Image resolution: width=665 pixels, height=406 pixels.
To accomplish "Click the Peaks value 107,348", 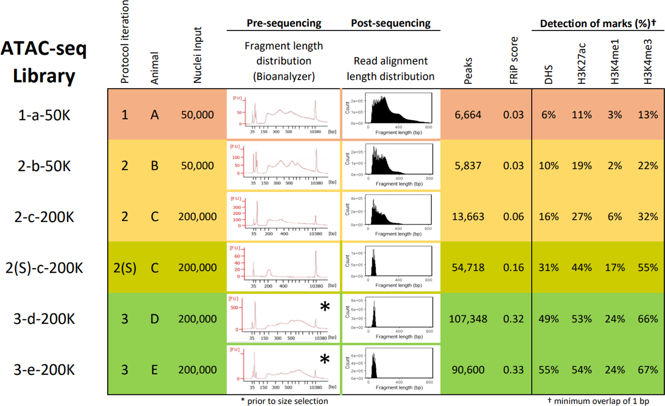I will pyautogui.click(x=468, y=319).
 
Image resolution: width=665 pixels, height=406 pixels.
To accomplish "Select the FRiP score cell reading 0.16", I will pyautogui.click(x=513, y=268).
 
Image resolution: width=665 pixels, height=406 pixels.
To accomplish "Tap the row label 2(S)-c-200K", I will pyautogui.click(x=44, y=268).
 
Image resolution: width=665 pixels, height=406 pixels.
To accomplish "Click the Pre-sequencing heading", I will pyautogui.click(x=283, y=23).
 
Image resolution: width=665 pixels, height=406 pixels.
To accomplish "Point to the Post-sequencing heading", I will pyautogui.click(x=391, y=23).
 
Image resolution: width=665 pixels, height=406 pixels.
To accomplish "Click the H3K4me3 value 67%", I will pyautogui.click(x=647, y=370).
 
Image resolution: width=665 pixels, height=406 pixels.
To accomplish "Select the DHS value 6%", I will pyautogui.click(x=548, y=115).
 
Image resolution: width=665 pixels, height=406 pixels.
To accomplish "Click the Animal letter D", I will pyautogui.click(x=154, y=319).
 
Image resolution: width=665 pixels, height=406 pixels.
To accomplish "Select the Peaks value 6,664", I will pyautogui.click(x=468, y=115).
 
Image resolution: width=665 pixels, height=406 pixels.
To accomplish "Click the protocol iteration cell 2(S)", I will pyautogui.click(x=125, y=268).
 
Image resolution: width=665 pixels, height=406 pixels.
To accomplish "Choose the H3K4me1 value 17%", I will pyautogui.click(x=615, y=268).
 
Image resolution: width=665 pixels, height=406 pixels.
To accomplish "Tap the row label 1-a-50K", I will pyautogui.click(x=44, y=115).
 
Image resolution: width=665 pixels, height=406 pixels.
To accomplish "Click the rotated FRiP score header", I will pyautogui.click(x=513, y=60).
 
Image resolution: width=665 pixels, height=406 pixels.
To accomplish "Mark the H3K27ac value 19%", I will pyautogui.click(x=581, y=166).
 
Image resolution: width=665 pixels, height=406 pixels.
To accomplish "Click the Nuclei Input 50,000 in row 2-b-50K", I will pyautogui.click(x=197, y=166).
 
